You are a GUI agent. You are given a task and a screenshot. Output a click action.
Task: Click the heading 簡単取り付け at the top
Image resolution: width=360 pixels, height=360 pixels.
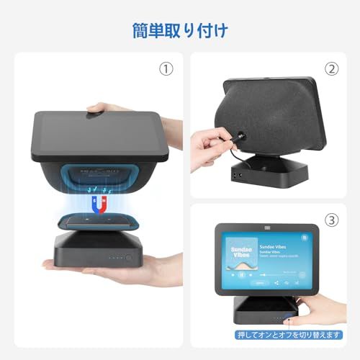point(180,30)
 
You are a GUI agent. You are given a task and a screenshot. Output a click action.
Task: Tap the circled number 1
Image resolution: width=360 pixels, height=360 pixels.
point(167,70)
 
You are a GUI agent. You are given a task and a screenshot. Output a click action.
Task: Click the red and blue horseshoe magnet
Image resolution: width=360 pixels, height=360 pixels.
point(99,199)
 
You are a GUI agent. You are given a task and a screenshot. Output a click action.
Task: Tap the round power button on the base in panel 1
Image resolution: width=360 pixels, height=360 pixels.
point(129,257)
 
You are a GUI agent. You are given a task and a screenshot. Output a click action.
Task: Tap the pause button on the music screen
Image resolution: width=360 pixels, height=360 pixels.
point(242,274)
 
